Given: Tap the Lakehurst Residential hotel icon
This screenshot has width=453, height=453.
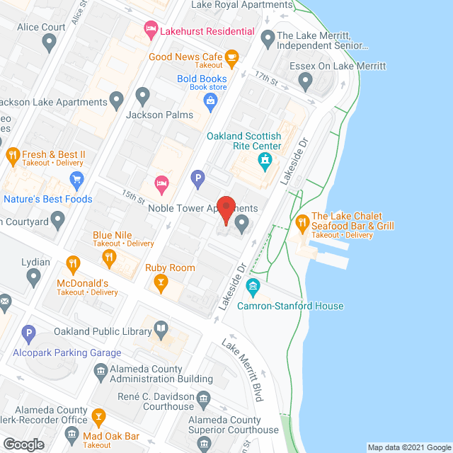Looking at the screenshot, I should point(150,30).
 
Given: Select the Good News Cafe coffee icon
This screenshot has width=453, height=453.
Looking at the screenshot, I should point(231,57).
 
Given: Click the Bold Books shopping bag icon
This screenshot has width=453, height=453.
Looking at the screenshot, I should point(211,101).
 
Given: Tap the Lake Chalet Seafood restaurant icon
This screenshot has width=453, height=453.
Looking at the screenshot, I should point(301,221).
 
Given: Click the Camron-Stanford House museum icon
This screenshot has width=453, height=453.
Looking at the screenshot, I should point(253,288).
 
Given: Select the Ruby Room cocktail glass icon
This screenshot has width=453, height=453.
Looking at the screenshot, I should point(161,283).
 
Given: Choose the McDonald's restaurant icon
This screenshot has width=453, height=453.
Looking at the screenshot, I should point(72,265).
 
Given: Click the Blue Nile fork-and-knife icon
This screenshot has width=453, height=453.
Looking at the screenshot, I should point(109,258).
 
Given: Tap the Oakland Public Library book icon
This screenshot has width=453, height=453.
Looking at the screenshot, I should point(161,328).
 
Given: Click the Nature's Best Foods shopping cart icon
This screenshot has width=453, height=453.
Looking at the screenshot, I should point(76,179).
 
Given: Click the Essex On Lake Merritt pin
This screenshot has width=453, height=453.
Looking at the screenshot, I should point(306,82).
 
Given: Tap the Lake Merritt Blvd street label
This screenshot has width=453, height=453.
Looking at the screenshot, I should point(242,370).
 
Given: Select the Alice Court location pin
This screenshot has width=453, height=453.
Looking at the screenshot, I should point(49,43).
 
